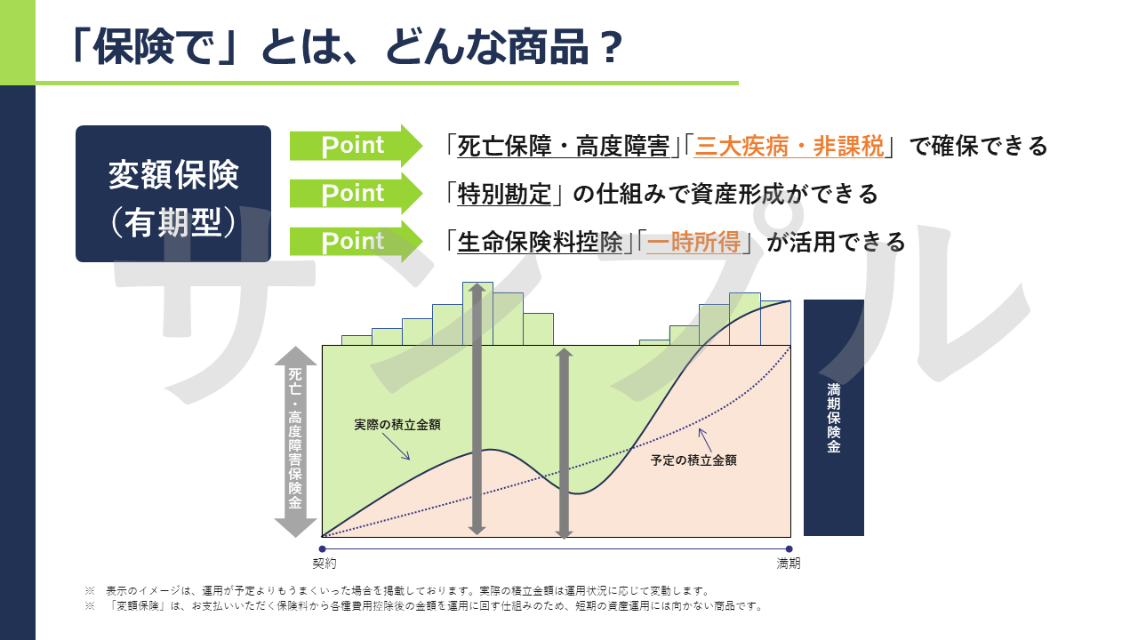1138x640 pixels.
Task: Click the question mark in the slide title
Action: (x=610, y=48)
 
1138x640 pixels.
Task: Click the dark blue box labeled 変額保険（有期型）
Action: (x=173, y=194)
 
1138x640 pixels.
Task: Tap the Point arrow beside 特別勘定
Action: (x=356, y=194)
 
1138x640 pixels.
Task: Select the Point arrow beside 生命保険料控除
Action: (x=356, y=241)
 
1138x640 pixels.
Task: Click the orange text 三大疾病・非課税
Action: (x=789, y=147)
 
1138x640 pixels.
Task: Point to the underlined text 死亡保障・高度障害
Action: (x=564, y=147)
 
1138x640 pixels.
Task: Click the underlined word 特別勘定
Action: (x=504, y=194)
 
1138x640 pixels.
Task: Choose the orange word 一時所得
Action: (x=694, y=242)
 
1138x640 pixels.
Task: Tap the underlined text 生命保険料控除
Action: (x=540, y=242)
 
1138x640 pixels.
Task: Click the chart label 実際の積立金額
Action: (x=397, y=425)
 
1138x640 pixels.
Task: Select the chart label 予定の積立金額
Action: (x=693, y=460)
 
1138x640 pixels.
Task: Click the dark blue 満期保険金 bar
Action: (x=834, y=418)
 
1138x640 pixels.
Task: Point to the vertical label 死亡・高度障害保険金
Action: (x=295, y=438)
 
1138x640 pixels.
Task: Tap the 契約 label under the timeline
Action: (x=325, y=564)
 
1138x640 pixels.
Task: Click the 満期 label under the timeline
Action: (x=789, y=564)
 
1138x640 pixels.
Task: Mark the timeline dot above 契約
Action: (x=322, y=549)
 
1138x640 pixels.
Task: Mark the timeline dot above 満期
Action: (x=789, y=549)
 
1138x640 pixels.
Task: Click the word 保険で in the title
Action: (x=152, y=48)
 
